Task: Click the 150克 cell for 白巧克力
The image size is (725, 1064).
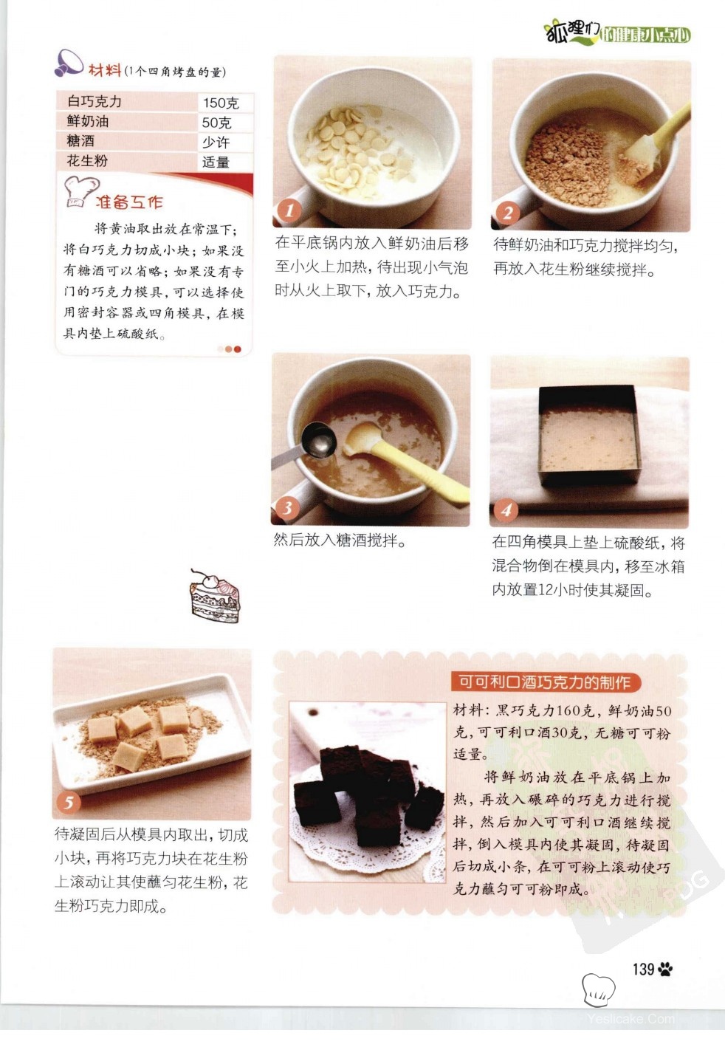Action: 221,103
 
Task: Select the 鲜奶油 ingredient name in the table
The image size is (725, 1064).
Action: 88,121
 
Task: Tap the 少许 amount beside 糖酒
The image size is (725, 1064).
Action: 216,142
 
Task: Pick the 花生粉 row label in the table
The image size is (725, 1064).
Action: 87,160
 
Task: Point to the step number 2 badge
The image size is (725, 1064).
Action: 507,213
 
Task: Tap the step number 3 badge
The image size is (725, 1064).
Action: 287,508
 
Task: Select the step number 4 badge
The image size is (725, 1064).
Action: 506,510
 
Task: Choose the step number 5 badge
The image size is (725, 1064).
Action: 69,803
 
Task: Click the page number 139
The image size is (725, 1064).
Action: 644,969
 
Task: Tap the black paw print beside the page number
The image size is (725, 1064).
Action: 666,969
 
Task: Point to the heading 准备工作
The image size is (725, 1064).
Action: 129,202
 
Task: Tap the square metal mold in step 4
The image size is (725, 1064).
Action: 589,436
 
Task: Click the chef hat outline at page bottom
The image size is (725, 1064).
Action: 598,989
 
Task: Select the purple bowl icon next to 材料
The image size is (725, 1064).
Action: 69,63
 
